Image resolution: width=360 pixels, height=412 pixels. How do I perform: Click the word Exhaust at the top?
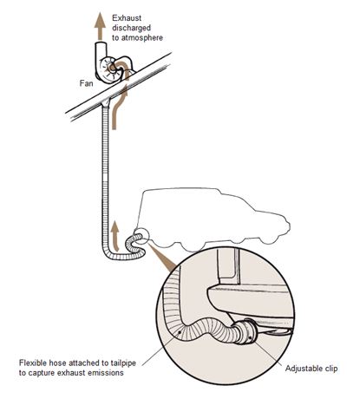pos(127,18)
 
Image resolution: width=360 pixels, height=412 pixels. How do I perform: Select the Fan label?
pos(87,83)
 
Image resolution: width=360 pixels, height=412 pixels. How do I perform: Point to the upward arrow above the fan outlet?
pos(100,26)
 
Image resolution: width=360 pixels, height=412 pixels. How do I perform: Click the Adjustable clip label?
pos(311,369)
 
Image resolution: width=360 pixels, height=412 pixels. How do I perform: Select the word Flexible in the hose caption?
pos(30,363)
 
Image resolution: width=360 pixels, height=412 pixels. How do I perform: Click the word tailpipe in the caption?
pos(123,363)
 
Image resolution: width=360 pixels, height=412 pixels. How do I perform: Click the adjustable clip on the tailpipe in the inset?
pos(249,331)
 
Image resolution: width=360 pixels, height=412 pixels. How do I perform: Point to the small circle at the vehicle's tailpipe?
pos(141,237)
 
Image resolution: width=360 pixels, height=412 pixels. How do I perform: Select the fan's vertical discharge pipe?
pos(100,56)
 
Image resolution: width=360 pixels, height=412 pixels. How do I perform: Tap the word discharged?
pos(132,28)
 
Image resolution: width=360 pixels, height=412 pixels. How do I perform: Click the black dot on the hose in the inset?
pos(180,332)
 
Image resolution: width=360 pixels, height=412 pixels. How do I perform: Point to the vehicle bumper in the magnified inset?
pos(250,301)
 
